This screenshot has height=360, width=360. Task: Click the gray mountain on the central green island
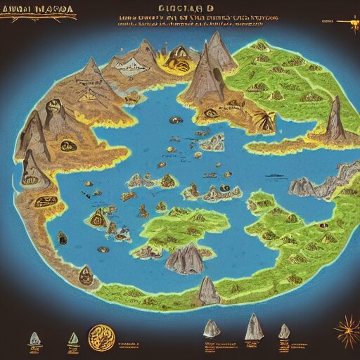click(184, 259)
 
